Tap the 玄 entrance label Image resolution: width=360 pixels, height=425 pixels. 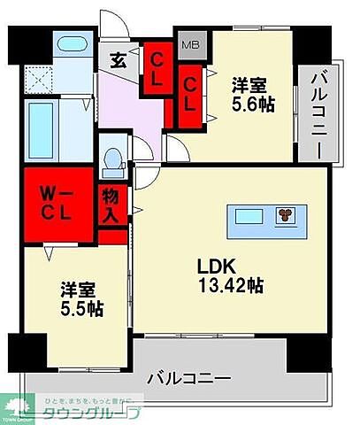click(119, 59)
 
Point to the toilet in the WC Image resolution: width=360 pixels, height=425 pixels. click(112, 160)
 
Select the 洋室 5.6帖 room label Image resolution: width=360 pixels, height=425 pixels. click(249, 95)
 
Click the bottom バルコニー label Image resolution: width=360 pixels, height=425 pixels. click(191, 378)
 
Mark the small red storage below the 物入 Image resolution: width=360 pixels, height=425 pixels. click(111, 237)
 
